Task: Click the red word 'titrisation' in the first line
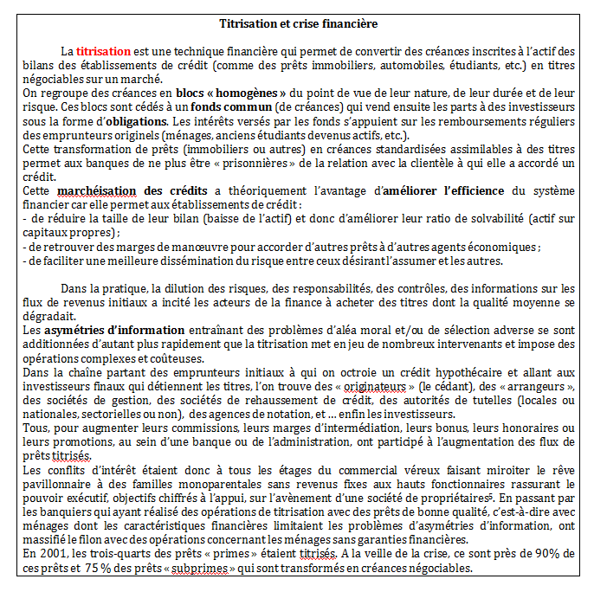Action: point(103,51)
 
